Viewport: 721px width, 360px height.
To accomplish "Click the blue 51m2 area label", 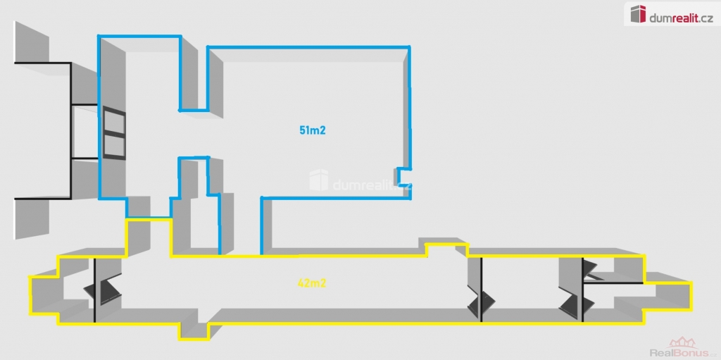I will [312, 130].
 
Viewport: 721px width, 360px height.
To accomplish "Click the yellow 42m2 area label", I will [311, 284].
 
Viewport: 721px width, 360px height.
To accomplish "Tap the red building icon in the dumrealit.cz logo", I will [638, 13].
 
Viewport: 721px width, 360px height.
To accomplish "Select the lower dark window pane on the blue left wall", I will [114, 145].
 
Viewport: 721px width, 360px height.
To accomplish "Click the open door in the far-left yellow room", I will [103, 290].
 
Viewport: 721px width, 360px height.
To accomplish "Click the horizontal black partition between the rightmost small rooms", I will [613, 283].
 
